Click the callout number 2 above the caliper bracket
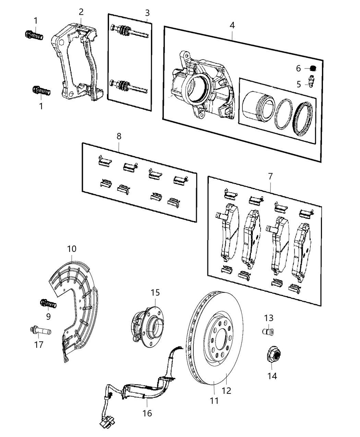tap(81, 12)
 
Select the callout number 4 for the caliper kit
tap(232, 25)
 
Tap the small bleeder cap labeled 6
tap(312, 68)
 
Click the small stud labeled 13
tap(268, 331)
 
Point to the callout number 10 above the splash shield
tap(72, 248)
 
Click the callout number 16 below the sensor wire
tap(147, 413)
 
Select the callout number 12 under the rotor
tap(227, 390)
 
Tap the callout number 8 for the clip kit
tap(119, 136)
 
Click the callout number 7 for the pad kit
tap(270, 177)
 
